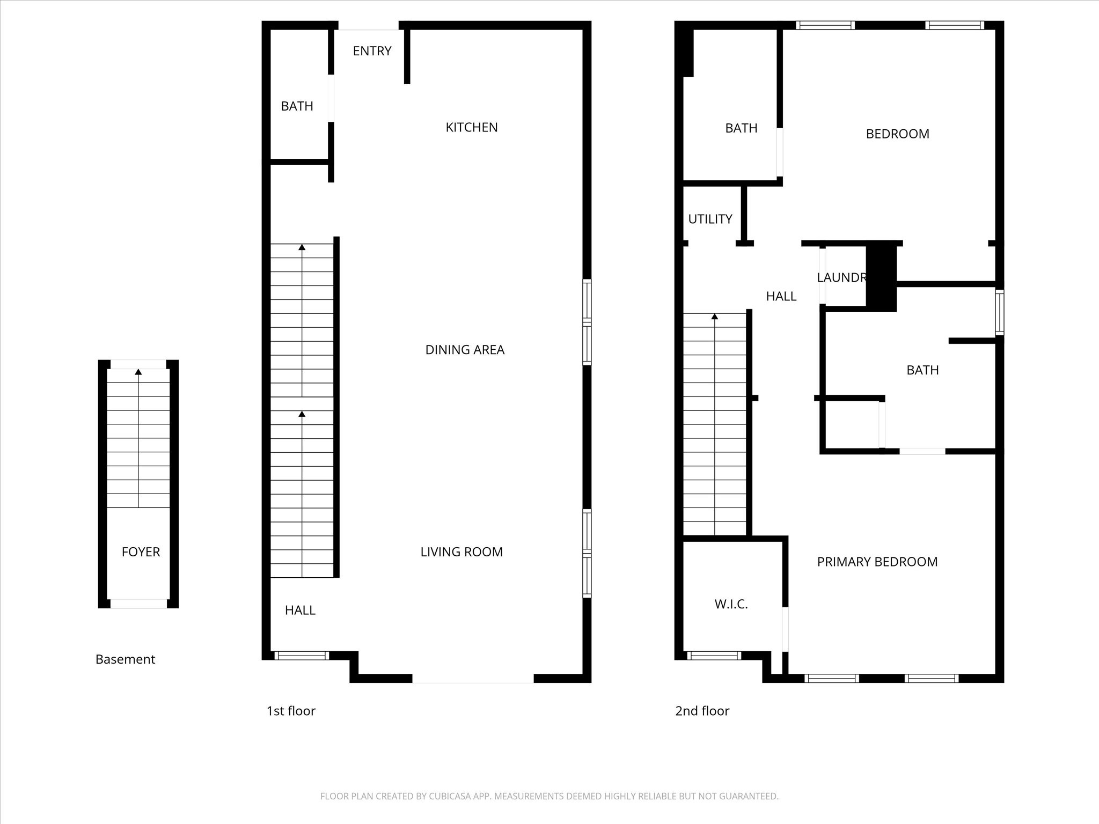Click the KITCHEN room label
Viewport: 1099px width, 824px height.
pos(472,127)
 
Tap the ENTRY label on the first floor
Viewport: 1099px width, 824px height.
pos(372,51)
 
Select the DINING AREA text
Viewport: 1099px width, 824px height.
pos(465,350)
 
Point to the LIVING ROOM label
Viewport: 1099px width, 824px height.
pos(461,551)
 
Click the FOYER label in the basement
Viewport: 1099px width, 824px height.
pos(141,551)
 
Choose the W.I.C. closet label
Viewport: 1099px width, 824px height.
pos(731,604)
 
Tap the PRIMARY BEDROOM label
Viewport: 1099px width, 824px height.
pos(877,562)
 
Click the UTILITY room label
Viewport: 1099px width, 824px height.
pos(710,219)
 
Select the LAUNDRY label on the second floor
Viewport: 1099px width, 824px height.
pos(841,277)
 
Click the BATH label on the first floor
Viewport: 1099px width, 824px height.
pos(297,106)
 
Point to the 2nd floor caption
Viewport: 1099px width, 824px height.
pos(702,711)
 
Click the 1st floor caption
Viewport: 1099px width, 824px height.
pos(291,711)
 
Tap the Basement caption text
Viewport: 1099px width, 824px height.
pos(125,659)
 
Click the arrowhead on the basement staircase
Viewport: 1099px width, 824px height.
pos(138,372)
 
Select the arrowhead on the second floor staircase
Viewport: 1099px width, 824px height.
pos(715,317)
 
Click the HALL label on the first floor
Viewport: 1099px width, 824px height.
pos(300,610)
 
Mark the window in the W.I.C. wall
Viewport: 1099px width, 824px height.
pos(714,655)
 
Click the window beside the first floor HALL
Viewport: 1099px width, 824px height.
pos(301,655)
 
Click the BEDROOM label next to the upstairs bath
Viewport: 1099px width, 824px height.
pos(897,134)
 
